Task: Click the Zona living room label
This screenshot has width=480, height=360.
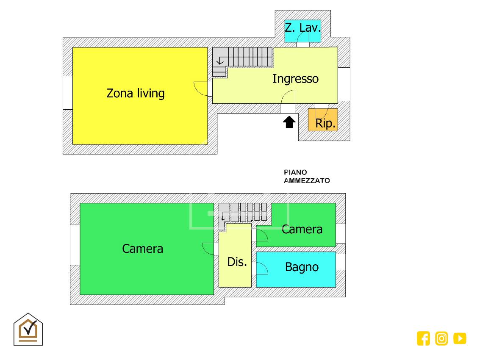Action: coord(136,93)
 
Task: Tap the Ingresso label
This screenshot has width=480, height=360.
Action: coord(295,79)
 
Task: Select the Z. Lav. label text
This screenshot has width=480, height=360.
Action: coord(302,28)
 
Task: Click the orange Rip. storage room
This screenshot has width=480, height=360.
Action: coord(323,120)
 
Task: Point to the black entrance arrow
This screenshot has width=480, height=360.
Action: coord(289,122)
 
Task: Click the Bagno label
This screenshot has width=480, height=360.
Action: coord(302,267)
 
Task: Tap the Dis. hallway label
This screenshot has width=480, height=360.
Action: coord(237,262)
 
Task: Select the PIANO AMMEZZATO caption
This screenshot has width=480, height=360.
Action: coord(307,177)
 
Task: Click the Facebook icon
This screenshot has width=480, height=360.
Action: coord(423,338)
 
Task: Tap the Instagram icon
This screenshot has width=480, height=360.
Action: coord(441,338)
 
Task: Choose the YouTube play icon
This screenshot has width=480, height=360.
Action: coord(460,338)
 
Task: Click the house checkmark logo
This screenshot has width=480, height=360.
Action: coord(28,329)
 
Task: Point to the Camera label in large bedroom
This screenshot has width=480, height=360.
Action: coord(142,249)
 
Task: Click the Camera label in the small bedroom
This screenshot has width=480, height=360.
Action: coord(302,229)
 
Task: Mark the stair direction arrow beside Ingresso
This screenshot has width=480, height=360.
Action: coord(219,62)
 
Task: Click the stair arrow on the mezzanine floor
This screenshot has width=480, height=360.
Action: coord(223,218)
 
